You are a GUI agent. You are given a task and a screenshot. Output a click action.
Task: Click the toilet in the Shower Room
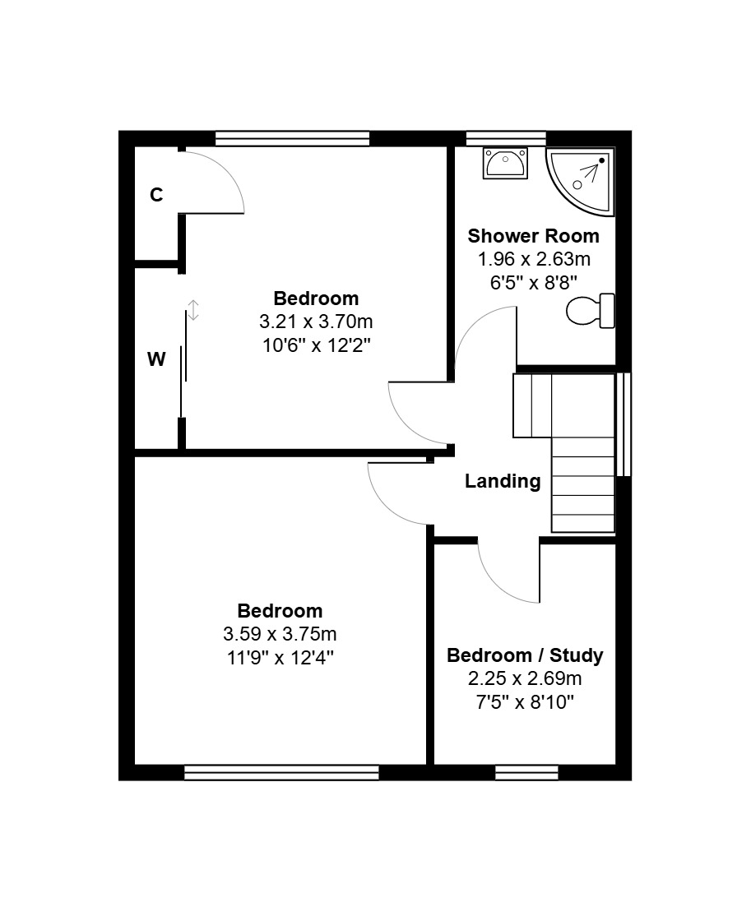click(x=590, y=311)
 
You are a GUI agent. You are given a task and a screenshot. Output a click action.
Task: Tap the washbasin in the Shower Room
click(x=505, y=163)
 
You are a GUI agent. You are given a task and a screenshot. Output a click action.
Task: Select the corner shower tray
click(x=580, y=181)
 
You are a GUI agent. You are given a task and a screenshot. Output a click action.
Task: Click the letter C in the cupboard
click(x=156, y=195)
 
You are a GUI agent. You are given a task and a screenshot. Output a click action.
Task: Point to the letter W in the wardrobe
click(x=156, y=359)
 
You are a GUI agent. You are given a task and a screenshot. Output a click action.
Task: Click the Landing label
click(x=503, y=481)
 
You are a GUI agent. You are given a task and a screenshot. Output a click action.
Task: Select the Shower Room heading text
click(x=533, y=236)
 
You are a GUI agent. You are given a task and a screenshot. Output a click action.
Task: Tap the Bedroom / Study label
click(x=525, y=655)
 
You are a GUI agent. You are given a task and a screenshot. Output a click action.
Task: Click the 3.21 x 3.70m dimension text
click(x=316, y=322)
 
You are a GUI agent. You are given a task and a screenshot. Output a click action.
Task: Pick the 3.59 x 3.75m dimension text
click(x=280, y=634)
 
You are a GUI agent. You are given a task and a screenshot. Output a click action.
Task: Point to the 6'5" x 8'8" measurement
click(x=534, y=283)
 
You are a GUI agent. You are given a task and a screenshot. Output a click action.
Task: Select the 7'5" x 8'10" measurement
click(x=525, y=702)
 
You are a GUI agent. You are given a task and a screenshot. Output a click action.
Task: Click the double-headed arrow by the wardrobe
click(x=193, y=310)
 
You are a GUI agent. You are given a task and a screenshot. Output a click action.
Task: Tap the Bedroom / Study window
click(x=526, y=772)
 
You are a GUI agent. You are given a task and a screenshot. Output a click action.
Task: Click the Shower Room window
click(x=506, y=138)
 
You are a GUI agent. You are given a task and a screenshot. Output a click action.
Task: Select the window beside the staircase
click(x=624, y=424)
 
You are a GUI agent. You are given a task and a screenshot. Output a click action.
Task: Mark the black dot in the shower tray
click(x=602, y=160)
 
